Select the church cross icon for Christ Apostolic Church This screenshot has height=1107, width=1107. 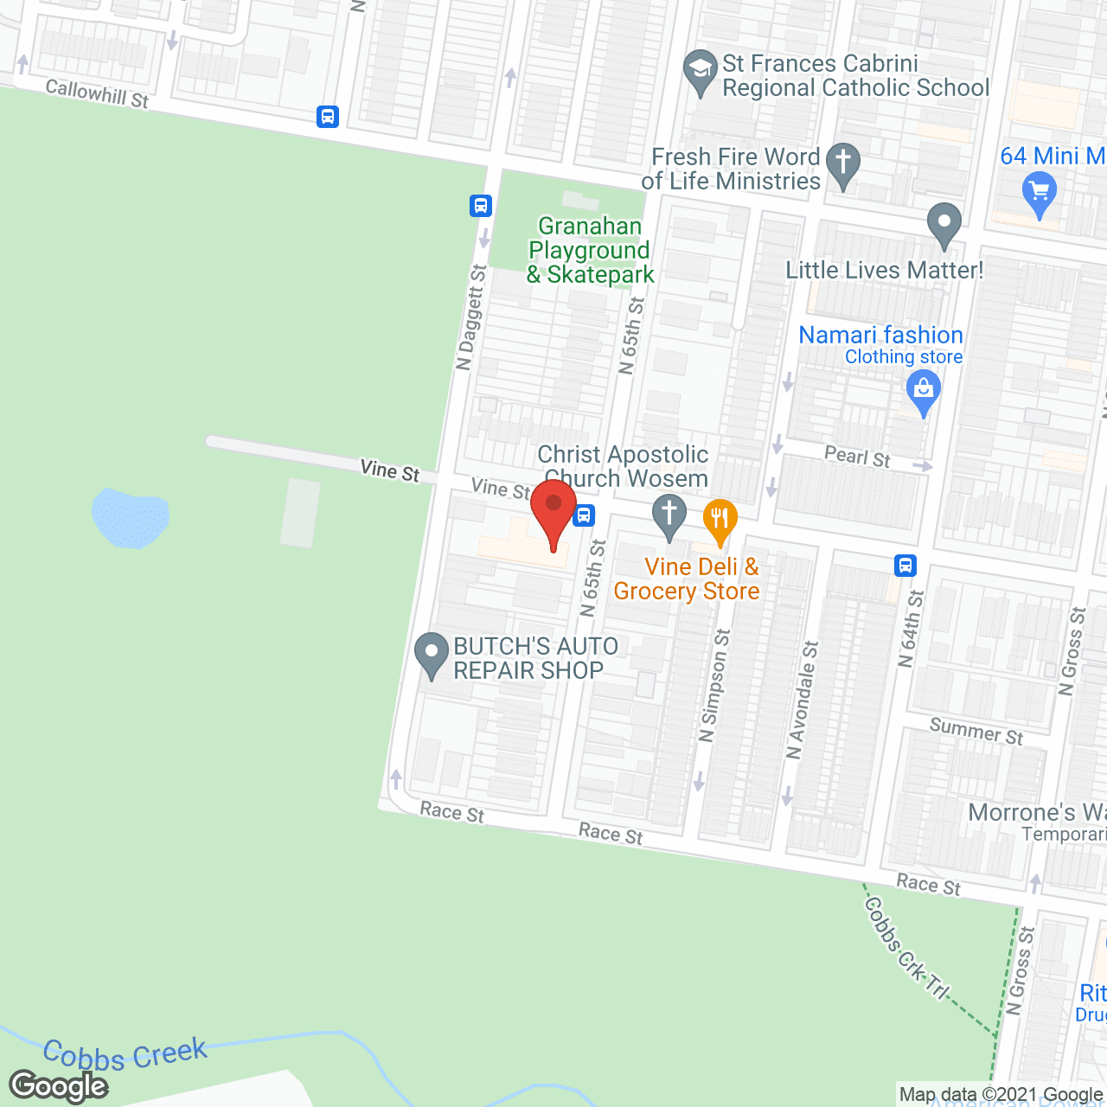click(669, 516)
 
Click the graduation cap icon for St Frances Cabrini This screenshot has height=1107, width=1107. click(700, 73)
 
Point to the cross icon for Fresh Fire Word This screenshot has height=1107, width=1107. click(842, 165)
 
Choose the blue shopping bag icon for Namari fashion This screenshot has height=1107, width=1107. click(924, 393)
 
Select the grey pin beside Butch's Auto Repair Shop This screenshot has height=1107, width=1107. click(431, 656)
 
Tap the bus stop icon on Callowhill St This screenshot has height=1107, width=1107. click(328, 116)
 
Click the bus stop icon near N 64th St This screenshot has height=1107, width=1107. click(905, 566)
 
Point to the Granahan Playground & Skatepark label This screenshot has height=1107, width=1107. click(591, 251)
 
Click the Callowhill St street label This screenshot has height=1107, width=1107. click(97, 93)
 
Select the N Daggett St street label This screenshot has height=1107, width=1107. click(471, 317)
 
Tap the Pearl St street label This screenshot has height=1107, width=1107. click(857, 456)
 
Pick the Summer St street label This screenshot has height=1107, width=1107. click(976, 731)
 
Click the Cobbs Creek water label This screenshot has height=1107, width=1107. click(125, 1054)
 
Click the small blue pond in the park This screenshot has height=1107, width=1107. click(130, 517)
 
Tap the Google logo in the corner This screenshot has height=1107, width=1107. click(59, 1086)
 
